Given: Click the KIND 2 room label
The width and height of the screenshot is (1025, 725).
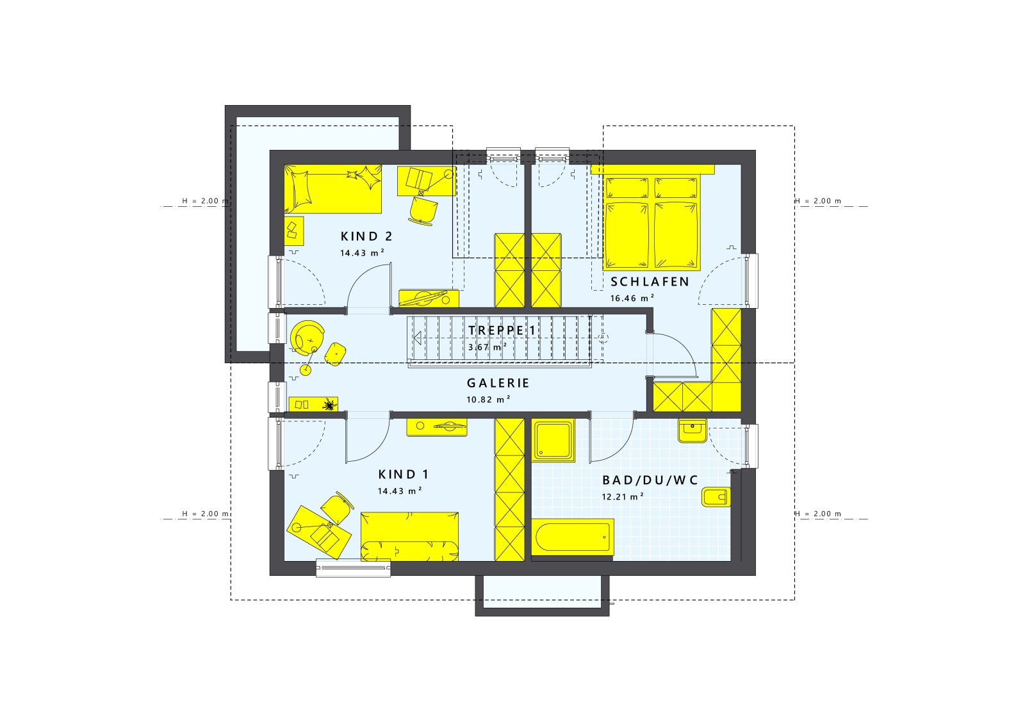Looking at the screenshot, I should coord(366,236).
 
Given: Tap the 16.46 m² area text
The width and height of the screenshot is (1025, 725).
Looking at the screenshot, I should coord(632,298).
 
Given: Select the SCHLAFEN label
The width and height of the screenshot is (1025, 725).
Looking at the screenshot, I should coord(650,282).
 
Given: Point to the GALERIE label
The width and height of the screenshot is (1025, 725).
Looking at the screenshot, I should coord(498,383).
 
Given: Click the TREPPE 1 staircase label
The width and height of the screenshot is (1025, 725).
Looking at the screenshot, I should coord(502,330).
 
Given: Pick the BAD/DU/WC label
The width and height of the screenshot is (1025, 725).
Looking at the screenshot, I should coord(650,480).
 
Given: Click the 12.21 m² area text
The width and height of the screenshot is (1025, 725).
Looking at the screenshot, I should coord(622,496).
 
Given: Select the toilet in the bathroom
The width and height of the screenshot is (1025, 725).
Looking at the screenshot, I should coord(716,496).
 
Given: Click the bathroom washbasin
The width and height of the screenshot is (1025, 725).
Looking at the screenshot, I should coord(692,430).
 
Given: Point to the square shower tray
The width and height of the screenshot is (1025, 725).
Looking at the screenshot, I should coord(553,441).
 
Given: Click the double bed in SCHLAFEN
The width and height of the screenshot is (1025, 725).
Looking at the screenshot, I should coord(651,222).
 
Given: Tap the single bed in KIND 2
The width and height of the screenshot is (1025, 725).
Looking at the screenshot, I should coord(332,189).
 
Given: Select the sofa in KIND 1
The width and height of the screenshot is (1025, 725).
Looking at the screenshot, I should coord(409,537).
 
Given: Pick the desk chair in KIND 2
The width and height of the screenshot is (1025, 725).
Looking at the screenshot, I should coord(423,209).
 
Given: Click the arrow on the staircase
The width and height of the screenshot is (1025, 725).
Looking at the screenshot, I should coord(418,338).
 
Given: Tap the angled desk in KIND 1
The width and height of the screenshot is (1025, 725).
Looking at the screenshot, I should coord(318,531).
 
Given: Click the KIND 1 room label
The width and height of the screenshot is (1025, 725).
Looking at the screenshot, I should coord(403,475).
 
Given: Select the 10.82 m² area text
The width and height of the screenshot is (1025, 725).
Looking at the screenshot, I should coord(488,399).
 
